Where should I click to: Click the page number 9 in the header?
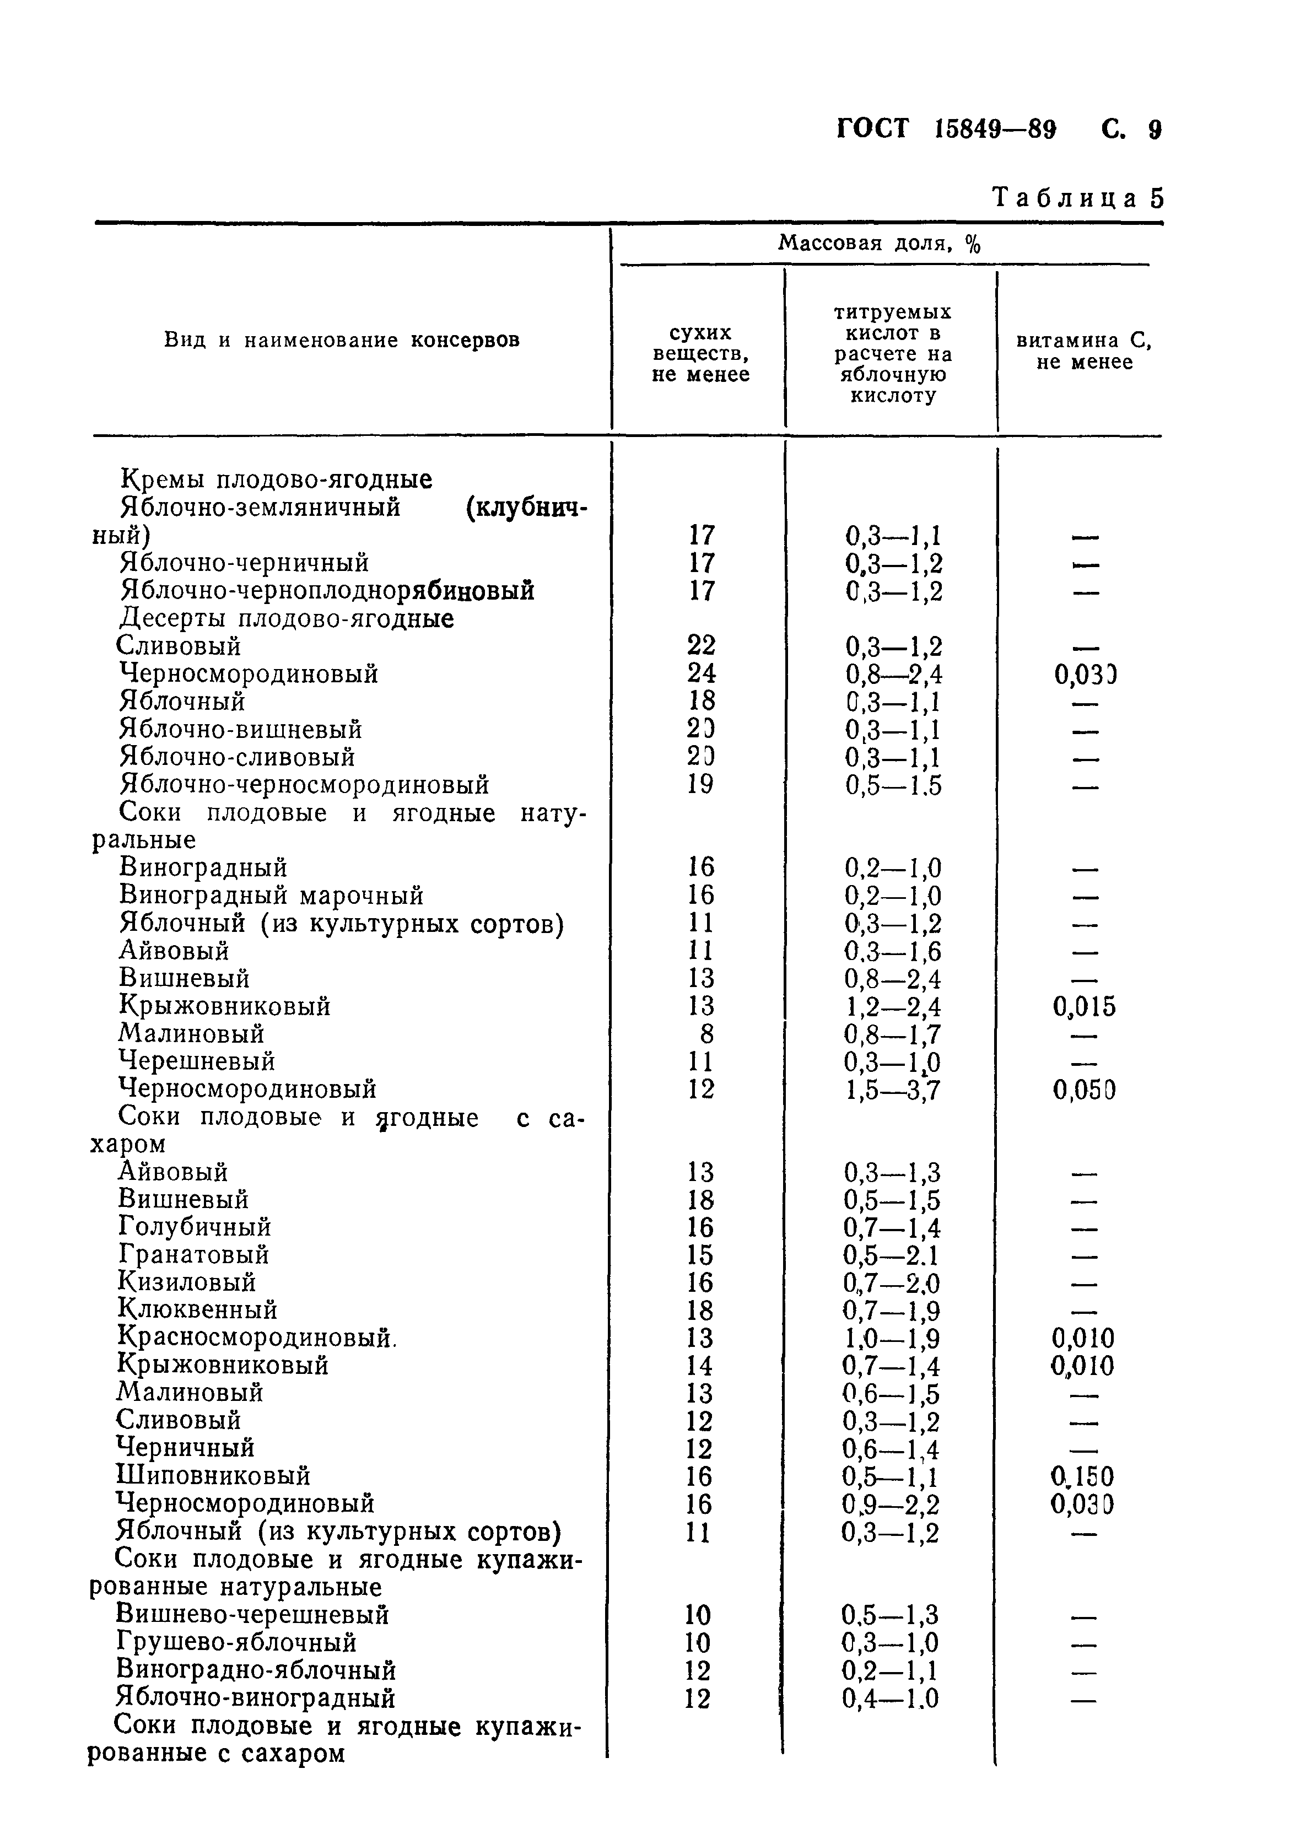(x=1155, y=130)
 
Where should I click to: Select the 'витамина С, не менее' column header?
(x=1084, y=351)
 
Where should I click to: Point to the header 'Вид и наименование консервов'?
(x=342, y=341)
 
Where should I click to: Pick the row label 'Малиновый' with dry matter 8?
(x=192, y=1034)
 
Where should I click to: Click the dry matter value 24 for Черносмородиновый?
(x=701, y=673)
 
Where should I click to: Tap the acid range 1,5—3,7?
(x=892, y=1090)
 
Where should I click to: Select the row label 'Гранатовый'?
(x=193, y=1254)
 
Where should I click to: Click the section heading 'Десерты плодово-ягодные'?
(x=287, y=619)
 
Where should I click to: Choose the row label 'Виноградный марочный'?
(x=271, y=896)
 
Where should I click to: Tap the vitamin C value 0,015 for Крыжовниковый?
(x=1084, y=1007)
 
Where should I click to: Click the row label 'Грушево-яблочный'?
(x=237, y=1642)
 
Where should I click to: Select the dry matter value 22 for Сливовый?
(x=701, y=646)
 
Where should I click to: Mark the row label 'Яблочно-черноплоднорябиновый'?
(x=327, y=591)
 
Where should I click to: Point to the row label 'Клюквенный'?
(x=197, y=1310)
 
